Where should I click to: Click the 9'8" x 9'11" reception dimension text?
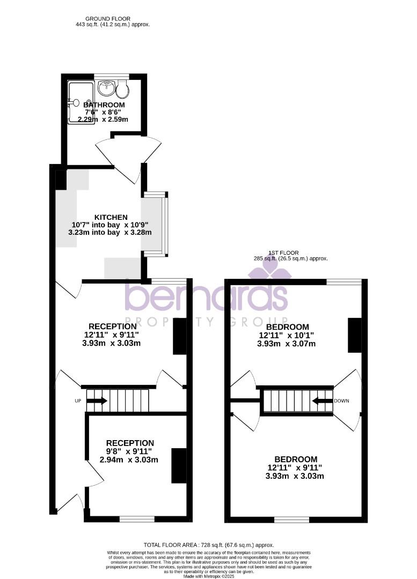coord(130,451)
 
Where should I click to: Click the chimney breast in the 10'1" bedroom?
coord(354,335)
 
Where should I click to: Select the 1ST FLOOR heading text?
coord(283,253)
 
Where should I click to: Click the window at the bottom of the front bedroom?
coord(291,519)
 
